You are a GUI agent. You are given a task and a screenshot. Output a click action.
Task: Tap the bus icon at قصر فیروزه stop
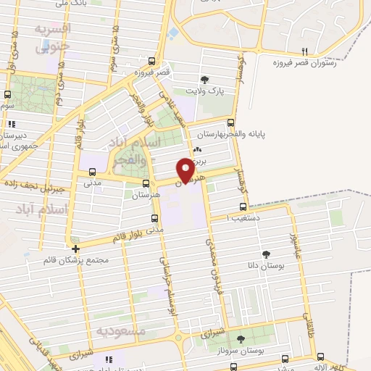pos(151,62)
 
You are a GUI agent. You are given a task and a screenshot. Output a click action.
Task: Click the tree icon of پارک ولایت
pos(206,80)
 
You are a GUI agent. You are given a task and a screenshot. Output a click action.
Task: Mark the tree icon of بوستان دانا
pos(266,254)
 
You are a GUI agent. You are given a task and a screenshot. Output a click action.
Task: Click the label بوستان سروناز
pos(242,351)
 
